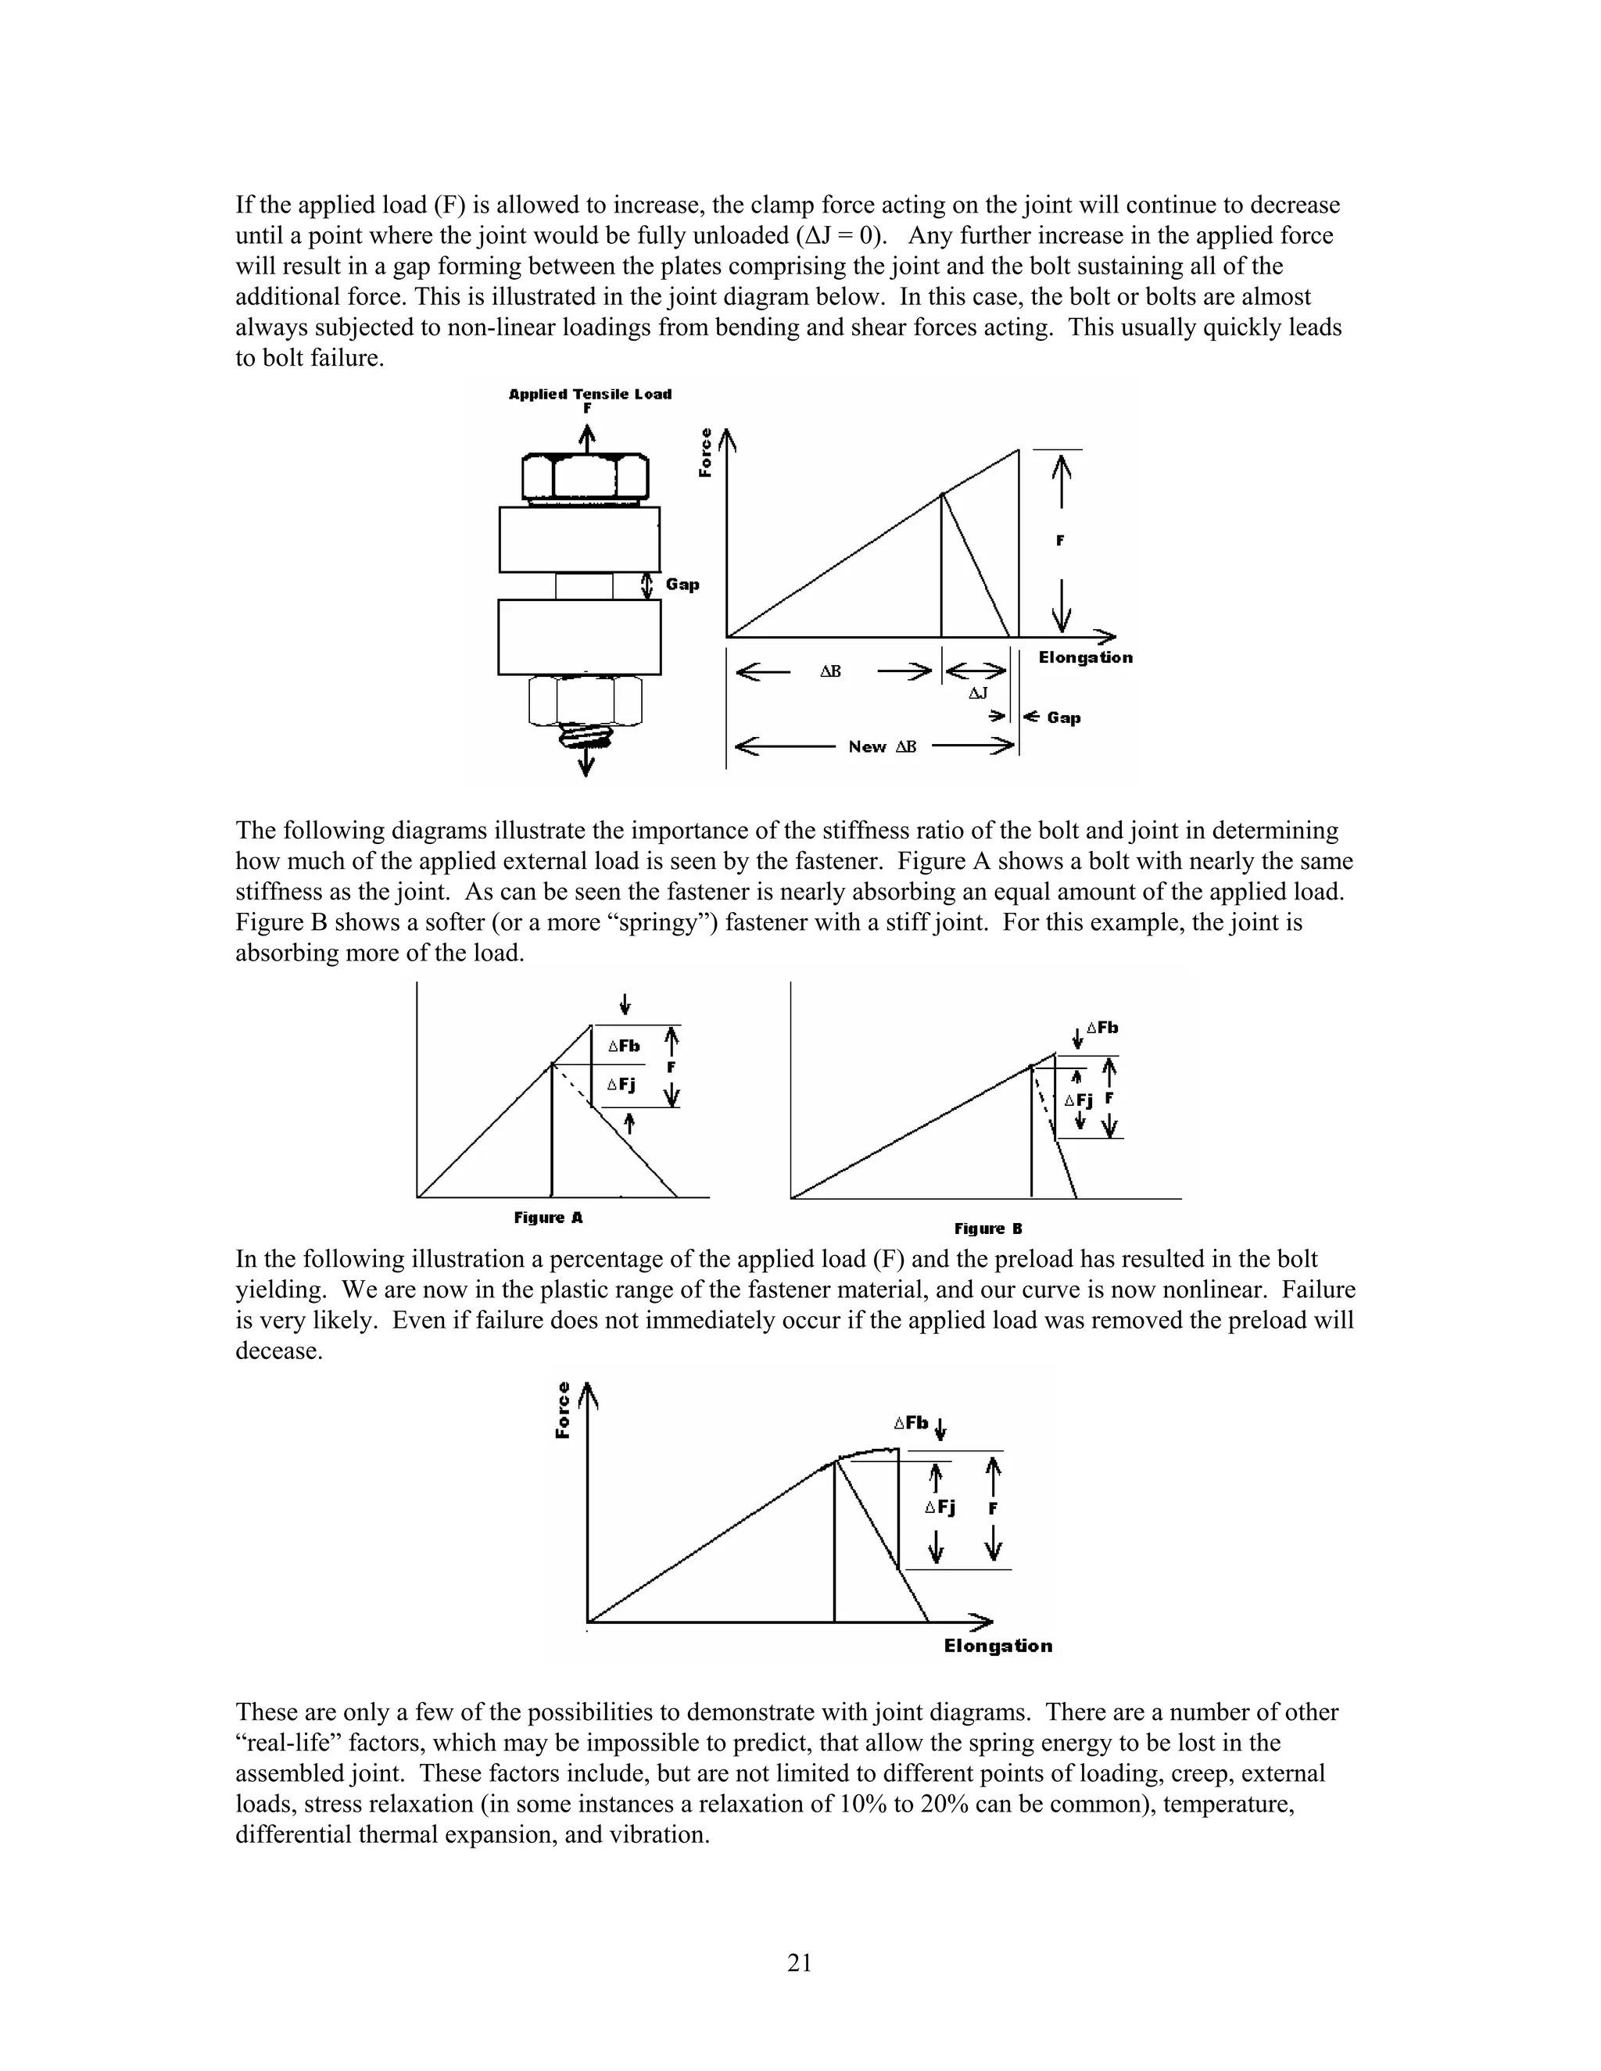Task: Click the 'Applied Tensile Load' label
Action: [x=590, y=395]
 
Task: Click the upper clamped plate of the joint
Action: [x=579, y=539]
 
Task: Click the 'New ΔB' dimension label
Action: [x=882, y=747]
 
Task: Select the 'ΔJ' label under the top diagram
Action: [x=978, y=693]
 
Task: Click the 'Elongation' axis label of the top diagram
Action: [x=1085, y=657]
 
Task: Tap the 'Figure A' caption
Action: [x=548, y=1218]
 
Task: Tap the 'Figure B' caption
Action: [x=988, y=1229]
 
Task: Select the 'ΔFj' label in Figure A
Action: [x=621, y=1084]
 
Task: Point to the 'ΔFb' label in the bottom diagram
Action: [x=911, y=1423]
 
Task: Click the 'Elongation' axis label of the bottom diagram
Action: [x=997, y=1646]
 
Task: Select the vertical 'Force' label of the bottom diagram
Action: [x=562, y=1410]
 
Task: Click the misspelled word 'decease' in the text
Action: [x=279, y=1351]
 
